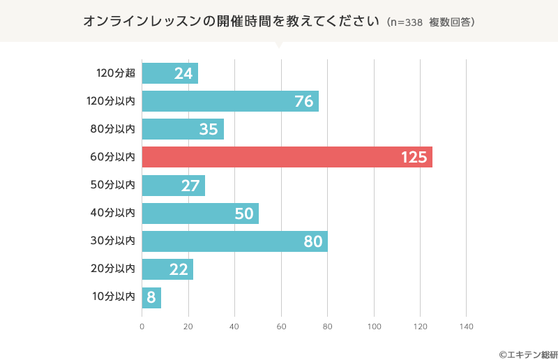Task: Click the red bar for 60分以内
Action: [287, 157]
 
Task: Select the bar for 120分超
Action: [169, 73]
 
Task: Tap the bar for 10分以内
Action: [151, 298]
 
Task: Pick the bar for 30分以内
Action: [234, 241]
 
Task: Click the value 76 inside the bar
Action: [303, 101]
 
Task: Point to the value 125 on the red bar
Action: [414, 157]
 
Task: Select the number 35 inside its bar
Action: [209, 129]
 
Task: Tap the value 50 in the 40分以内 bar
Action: [243, 213]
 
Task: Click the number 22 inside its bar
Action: [179, 269]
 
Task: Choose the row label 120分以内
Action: [110, 101]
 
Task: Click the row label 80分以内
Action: [113, 129]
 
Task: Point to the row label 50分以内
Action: [113, 185]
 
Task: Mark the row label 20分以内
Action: [113, 269]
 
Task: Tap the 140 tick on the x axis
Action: [466, 327]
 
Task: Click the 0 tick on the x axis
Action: [142, 327]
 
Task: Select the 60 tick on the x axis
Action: [281, 327]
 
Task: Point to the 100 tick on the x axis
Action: [374, 327]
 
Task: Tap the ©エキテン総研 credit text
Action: [523, 354]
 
